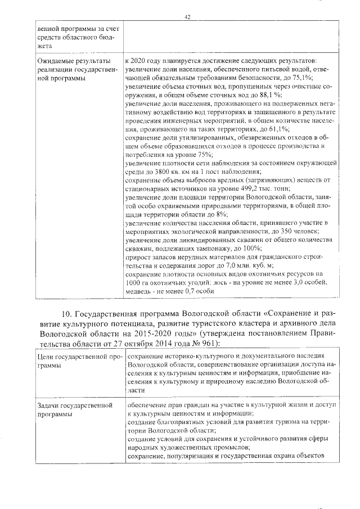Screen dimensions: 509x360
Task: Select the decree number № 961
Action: pyautogui.click(x=199, y=342)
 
